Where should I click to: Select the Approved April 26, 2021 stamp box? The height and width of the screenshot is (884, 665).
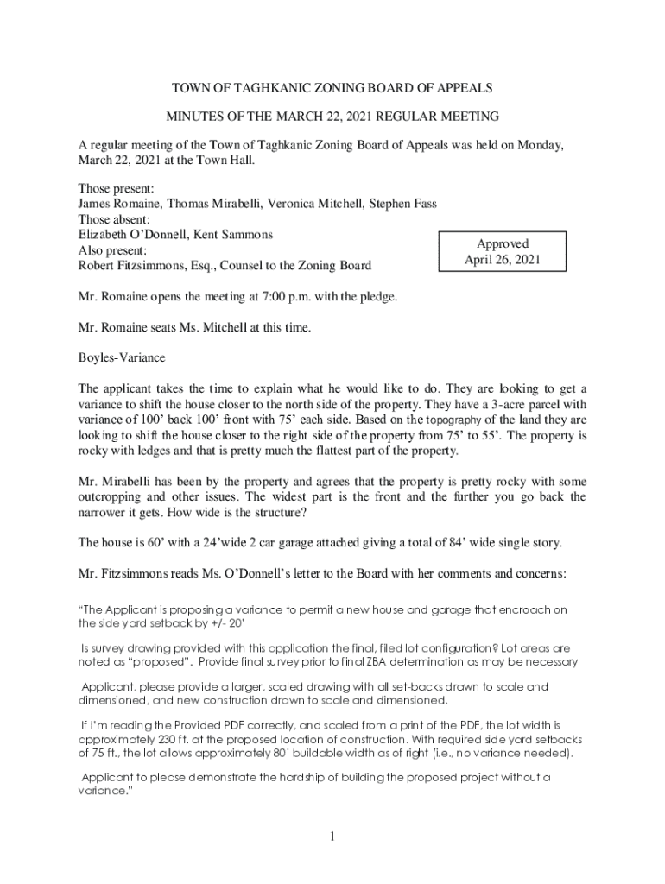[502, 251]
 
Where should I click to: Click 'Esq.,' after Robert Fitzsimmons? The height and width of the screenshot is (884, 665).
[185, 266]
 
